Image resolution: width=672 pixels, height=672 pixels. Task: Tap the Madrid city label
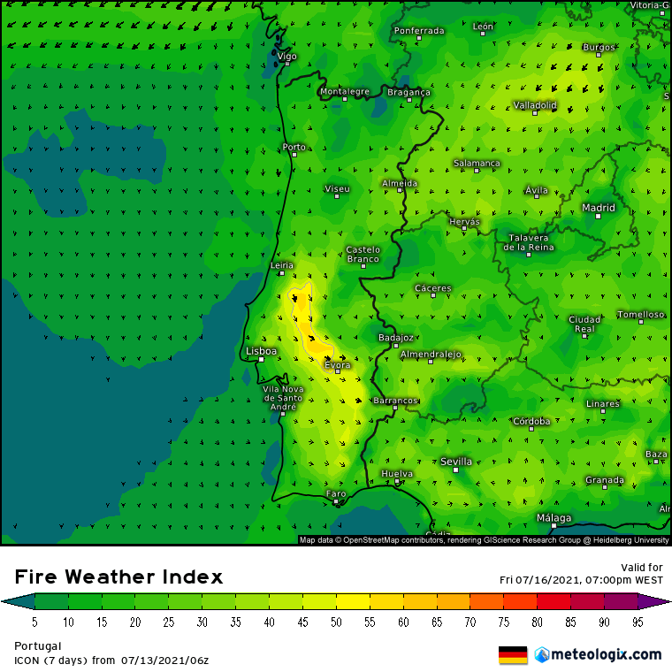pos(598,208)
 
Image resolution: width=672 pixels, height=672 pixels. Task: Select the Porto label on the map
pos(293,147)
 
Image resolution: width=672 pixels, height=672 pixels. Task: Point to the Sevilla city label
pos(456,461)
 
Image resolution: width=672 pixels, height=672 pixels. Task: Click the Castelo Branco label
pos(363,254)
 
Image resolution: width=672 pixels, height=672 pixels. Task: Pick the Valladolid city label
pos(535,105)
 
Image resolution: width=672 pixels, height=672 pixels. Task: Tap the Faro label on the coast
pos(336,493)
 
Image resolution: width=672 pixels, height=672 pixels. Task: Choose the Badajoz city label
pos(395,337)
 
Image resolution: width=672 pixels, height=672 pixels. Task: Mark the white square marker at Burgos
pos(599,55)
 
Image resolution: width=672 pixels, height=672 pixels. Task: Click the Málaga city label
pos(554,517)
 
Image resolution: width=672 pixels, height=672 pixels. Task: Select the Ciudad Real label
pos(584,324)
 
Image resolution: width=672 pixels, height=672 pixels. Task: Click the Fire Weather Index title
pos(118,577)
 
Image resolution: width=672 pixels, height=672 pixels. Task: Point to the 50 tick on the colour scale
pos(336,622)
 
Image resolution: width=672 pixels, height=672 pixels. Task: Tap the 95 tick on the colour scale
pos(638,622)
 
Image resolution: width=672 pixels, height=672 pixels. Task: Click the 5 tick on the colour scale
pos(34,622)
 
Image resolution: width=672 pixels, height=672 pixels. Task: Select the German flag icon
pos(513,655)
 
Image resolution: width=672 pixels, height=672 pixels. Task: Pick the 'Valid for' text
pos(643,568)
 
